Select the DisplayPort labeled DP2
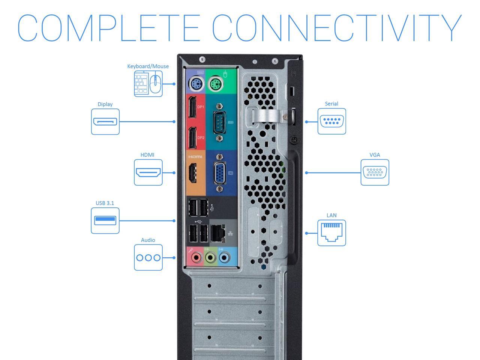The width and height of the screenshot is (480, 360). coord(192,138)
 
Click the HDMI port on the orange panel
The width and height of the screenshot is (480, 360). coord(192,173)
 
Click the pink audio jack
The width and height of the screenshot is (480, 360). coord(196,258)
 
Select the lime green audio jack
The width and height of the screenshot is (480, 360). coord(210,258)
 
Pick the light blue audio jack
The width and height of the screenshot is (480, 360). coord(224,258)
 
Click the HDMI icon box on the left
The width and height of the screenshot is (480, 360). coord(148,172)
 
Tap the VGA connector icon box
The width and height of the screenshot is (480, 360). coord(375,172)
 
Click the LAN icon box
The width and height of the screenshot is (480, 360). coord(331,233)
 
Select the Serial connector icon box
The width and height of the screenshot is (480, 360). coord(331,121)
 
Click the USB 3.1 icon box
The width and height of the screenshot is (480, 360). coord(105,220)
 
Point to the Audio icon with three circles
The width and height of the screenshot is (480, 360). coord(148,258)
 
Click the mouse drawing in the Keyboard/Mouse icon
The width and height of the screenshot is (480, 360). coord(155,84)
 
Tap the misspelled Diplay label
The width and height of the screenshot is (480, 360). coord(105,104)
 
